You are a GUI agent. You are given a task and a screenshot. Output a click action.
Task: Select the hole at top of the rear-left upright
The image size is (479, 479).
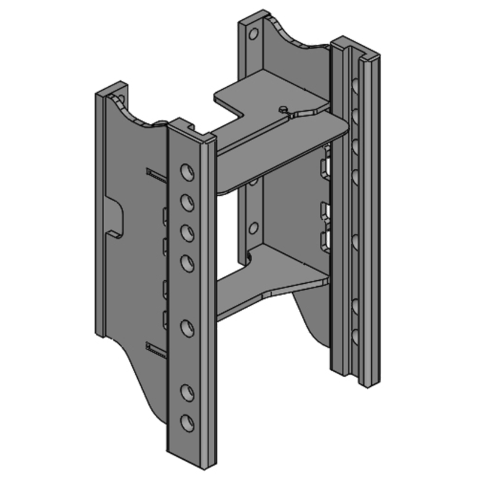(x=251, y=32)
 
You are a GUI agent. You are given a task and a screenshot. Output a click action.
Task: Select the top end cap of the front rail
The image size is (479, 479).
(x=190, y=130)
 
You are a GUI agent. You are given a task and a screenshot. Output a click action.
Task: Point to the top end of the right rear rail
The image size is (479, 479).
(x=356, y=48)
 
